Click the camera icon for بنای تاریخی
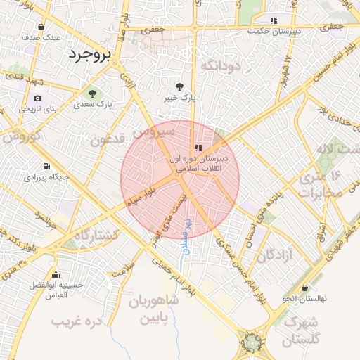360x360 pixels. point(37,98)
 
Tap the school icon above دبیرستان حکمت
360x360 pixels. point(274,20)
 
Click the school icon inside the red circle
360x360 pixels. point(199,148)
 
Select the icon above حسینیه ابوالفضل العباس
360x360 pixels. point(56,274)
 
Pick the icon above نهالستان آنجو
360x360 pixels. point(304,288)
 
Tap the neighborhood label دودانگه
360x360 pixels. point(221,65)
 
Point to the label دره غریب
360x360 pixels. point(77,321)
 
